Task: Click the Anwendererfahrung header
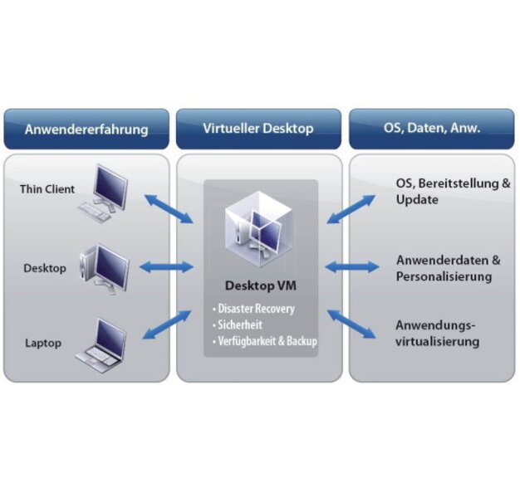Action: tap(86, 129)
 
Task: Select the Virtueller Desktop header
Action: tap(258, 129)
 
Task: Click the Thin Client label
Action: tap(47, 189)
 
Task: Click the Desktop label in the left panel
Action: tap(45, 268)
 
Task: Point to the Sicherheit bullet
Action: tap(241, 325)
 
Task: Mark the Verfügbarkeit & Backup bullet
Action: tap(265, 341)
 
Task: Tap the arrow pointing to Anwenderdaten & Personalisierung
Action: tap(352, 267)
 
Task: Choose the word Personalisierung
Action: tap(444, 276)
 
